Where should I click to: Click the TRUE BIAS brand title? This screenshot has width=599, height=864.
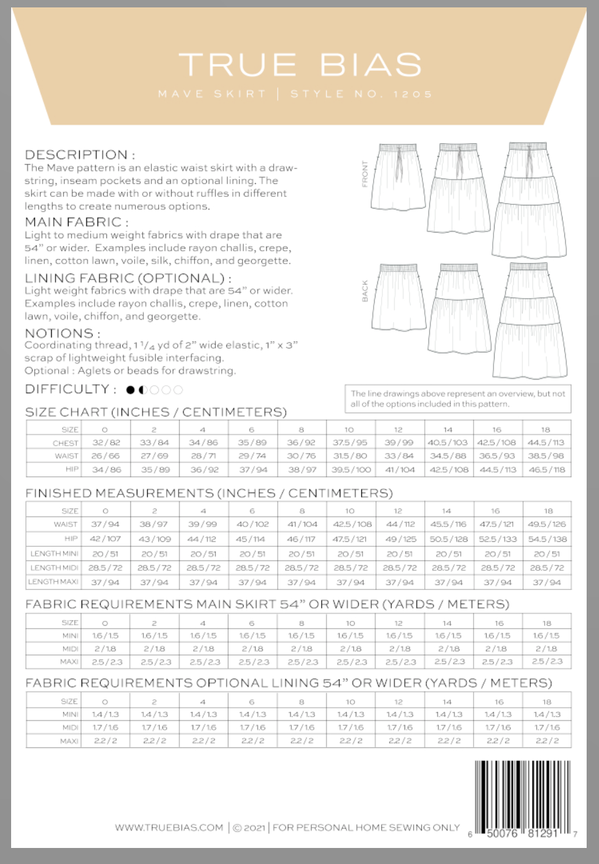(x=300, y=65)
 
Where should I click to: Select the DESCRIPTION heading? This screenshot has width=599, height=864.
(x=80, y=154)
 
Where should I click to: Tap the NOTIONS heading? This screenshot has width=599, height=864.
(x=62, y=333)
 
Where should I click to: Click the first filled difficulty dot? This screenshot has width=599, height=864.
(x=130, y=390)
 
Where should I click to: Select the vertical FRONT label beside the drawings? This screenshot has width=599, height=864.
(x=364, y=175)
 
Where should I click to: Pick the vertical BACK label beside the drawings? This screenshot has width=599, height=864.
(x=364, y=291)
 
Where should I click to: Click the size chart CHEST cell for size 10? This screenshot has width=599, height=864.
(x=350, y=442)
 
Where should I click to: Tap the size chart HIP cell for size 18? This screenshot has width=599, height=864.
(x=547, y=470)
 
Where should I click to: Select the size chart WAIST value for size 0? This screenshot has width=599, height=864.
(x=106, y=456)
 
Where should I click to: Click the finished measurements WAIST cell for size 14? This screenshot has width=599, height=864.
(x=448, y=524)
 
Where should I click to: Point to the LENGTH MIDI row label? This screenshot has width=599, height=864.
(x=54, y=568)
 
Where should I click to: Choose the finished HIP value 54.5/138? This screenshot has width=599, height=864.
(x=547, y=539)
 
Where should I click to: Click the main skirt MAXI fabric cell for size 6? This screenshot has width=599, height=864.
(x=252, y=662)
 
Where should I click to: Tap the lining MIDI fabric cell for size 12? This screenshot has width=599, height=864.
(x=399, y=728)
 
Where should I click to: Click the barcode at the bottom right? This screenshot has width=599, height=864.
(x=523, y=799)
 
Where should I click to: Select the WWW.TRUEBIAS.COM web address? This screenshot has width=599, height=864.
(x=169, y=828)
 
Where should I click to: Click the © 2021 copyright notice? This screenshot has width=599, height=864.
(x=249, y=828)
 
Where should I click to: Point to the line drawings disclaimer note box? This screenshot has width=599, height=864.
(x=458, y=399)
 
